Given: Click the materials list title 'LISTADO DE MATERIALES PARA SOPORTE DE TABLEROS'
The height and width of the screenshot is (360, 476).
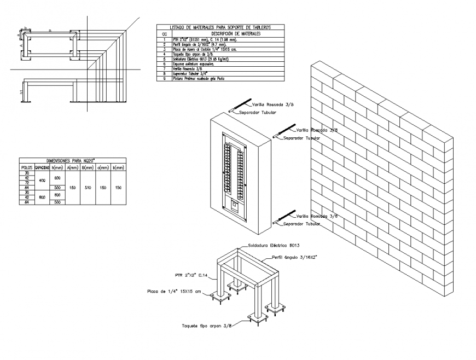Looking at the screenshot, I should point(220,27).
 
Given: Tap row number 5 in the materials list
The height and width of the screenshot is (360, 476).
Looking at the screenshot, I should point(164,59).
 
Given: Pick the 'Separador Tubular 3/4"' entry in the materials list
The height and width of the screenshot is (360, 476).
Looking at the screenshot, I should point(188,74).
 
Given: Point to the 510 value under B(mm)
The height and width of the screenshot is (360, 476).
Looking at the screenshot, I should point(87,187).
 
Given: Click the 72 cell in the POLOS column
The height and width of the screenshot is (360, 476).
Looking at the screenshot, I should point(26,182).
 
